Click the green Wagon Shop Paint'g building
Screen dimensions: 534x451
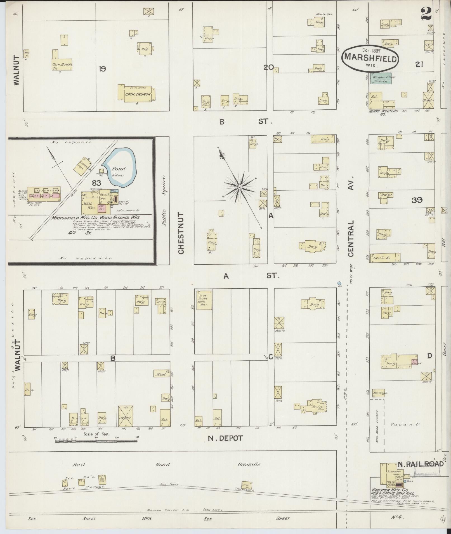[x=381, y=78]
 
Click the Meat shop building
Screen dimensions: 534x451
[x=162, y=374]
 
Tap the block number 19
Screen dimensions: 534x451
[x=102, y=69]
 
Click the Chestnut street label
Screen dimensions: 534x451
[x=181, y=233]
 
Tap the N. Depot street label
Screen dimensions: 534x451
[x=225, y=438]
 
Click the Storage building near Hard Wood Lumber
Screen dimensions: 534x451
[x=379, y=393]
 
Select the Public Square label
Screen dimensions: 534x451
[x=164, y=201]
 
